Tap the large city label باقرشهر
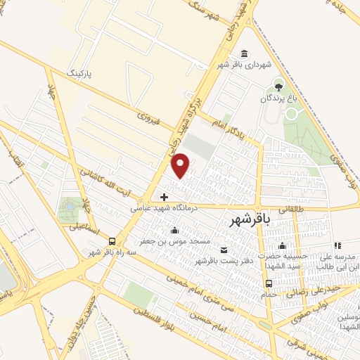coord(250,221)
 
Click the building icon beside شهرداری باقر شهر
coord(244,54)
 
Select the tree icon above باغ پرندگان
coord(280,88)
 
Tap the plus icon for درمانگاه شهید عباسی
coord(165,197)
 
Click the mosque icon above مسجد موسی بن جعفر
coord(174,230)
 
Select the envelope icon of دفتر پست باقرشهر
coord(224,250)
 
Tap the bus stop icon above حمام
coord(268,283)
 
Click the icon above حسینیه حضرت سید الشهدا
coord(282,245)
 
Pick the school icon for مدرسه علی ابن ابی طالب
coord(337,245)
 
